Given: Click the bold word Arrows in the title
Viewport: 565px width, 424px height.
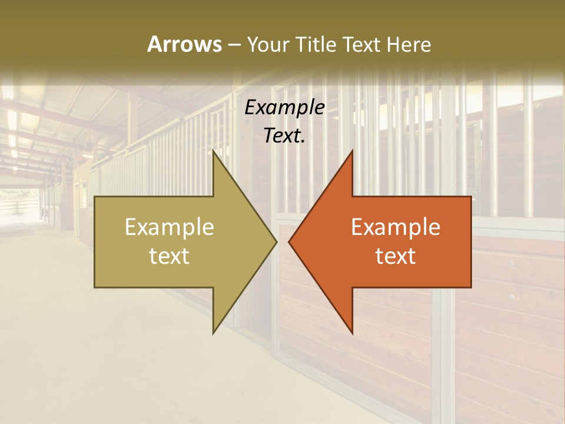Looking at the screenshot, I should tap(184, 44).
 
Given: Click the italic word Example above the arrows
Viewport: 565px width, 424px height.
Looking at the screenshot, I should tap(285, 107).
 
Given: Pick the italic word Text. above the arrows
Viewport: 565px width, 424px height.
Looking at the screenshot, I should tap(285, 135).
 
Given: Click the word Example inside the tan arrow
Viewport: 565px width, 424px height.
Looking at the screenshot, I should tap(169, 227).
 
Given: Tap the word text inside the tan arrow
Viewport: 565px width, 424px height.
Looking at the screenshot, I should tap(169, 256).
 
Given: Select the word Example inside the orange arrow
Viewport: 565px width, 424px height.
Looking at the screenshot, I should tap(395, 227).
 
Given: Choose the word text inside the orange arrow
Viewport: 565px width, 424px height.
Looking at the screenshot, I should tap(395, 256).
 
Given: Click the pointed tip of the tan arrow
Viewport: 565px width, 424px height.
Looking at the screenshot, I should tap(277, 241).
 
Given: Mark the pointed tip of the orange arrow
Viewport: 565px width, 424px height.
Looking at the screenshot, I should tap(289, 241).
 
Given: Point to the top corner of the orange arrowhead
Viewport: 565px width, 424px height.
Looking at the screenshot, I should tap(352, 151).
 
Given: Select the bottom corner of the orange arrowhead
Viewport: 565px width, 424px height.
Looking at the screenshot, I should tap(352, 333).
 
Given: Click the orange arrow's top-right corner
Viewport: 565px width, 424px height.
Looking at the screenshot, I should tap(471, 197).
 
